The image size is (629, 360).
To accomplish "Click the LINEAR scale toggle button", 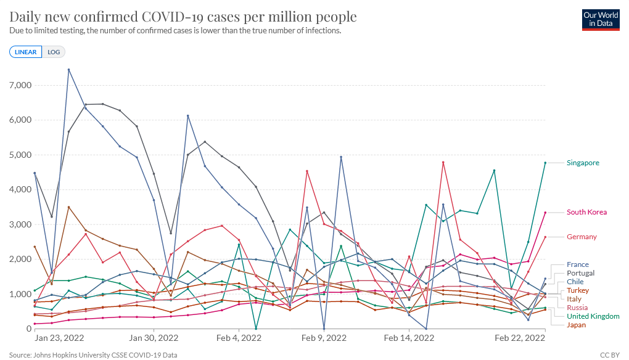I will click(26, 52).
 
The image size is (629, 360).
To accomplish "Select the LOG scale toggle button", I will click(54, 52).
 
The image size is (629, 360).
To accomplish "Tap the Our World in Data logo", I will click(601, 19).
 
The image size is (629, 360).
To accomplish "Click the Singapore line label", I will click(583, 163).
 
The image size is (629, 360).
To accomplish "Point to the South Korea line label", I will click(586, 212).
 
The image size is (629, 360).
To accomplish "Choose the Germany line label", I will click(582, 237).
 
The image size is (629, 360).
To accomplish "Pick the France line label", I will click(578, 264).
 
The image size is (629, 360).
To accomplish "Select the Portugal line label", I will click(580, 273).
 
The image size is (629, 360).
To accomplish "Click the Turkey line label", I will click(578, 290).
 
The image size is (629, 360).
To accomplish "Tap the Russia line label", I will click(577, 308).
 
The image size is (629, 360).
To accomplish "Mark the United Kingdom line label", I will click(593, 316).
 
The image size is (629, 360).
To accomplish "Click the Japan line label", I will click(577, 325).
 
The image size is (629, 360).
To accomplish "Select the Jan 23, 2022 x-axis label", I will click(59, 338).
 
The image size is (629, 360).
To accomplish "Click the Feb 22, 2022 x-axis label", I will click(519, 338).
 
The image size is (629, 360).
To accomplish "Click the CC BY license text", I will click(609, 355).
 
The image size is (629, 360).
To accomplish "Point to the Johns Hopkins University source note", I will click(92, 355).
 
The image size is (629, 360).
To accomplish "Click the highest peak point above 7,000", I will click(68, 70).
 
